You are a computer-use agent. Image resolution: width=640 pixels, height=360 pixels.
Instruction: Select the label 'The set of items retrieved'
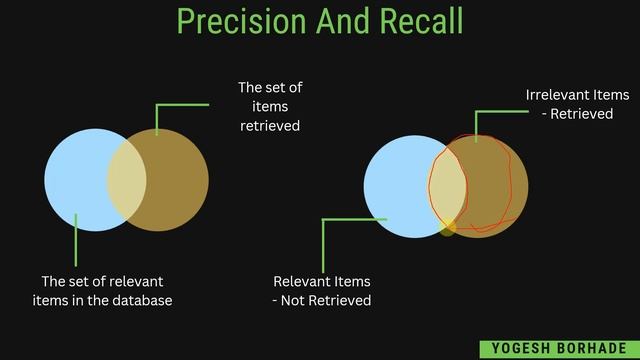click(270, 107)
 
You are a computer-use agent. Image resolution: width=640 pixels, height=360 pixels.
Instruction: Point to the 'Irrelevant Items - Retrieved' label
click(577, 104)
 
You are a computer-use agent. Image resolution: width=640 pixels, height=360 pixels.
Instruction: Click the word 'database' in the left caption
click(140, 301)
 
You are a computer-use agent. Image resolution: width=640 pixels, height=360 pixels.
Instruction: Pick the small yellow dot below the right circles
click(447, 229)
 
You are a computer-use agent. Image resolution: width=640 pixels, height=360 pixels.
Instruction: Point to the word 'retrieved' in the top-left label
click(270, 126)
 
